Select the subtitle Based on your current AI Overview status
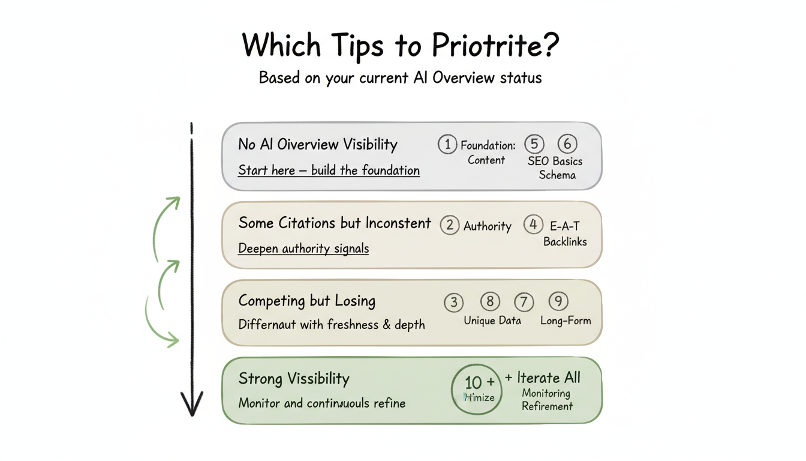(400, 78)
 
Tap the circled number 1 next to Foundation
(447, 145)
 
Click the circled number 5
(534, 144)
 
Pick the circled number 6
(567, 144)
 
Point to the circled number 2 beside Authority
(450, 225)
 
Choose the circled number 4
(533, 225)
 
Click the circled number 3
(453, 303)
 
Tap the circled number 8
(489, 301)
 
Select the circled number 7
(524, 301)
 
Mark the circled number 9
(558, 301)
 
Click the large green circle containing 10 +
(476, 389)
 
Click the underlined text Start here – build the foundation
(329, 170)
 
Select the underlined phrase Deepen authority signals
(303, 249)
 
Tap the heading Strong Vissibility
(293, 379)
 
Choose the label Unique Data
(492, 321)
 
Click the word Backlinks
(565, 242)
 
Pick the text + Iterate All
(542, 378)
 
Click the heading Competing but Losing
(306, 301)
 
